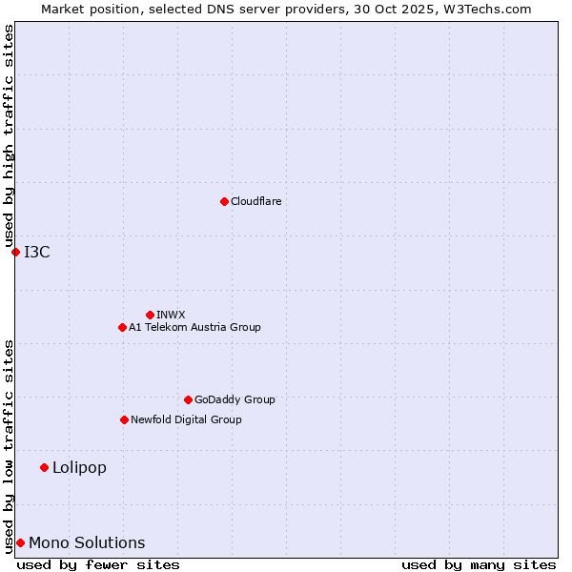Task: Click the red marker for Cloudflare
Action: point(224,201)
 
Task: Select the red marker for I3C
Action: point(15,252)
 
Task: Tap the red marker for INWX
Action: point(150,315)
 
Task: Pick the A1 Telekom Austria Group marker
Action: point(122,327)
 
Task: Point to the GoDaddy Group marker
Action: point(188,399)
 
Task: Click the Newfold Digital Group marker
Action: point(124,419)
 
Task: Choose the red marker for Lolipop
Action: point(44,467)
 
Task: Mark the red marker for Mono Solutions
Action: point(20,542)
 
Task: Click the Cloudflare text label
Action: point(256,201)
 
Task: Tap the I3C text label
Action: point(37,252)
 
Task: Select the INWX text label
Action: point(171,315)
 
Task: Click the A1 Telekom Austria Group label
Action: point(194,327)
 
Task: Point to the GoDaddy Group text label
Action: point(235,399)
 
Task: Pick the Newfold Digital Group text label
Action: point(186,419)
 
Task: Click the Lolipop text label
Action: point(79,467)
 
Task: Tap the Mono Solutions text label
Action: point(87,542)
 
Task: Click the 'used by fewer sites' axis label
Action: point(98,564)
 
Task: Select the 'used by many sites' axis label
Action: point(479,564)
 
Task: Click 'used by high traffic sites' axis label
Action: point(9,135)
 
